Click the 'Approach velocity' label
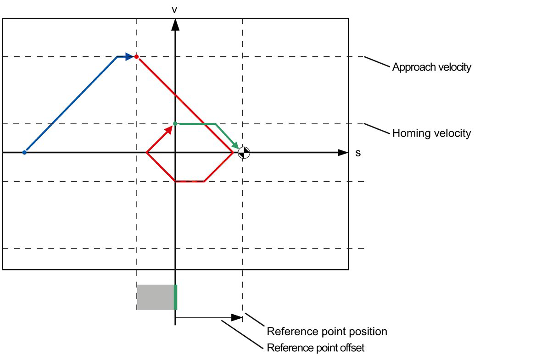point(431,67)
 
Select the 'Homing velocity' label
point(431,133)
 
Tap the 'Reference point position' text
point(327,331)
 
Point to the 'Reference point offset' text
point(315,348)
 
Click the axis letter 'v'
point(174,9)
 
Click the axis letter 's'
point(358,153)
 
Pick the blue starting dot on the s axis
point(24,152)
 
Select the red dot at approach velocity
point(136,56)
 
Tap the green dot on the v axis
point(175,123)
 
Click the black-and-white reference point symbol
point(244,152)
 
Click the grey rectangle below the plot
point(156,297)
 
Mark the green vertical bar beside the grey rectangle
point(175,297)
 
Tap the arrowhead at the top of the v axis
point(175,25)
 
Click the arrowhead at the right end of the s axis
point(342,152)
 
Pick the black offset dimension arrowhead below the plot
point(237,317)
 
